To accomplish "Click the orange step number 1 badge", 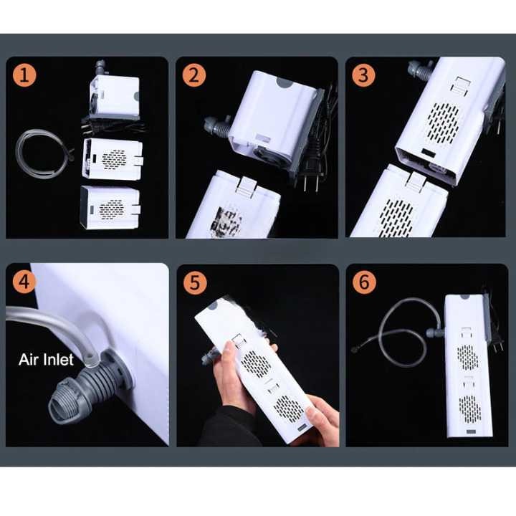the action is click(24, 75).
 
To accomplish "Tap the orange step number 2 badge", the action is click(194, 75).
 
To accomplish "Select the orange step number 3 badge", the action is click(363, 75).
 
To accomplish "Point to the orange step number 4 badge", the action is click(24, 282).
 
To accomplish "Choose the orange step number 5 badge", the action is click(195, 282).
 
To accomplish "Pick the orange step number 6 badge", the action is click(364, 282).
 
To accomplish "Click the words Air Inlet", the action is click(46, 359).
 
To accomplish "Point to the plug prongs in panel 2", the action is click(307, 184).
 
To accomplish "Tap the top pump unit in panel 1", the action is click(114, 95).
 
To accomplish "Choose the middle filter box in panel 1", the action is click(113, 159).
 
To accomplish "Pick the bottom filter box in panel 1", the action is click(110, 208).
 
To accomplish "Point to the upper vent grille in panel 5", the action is click(254, 363).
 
